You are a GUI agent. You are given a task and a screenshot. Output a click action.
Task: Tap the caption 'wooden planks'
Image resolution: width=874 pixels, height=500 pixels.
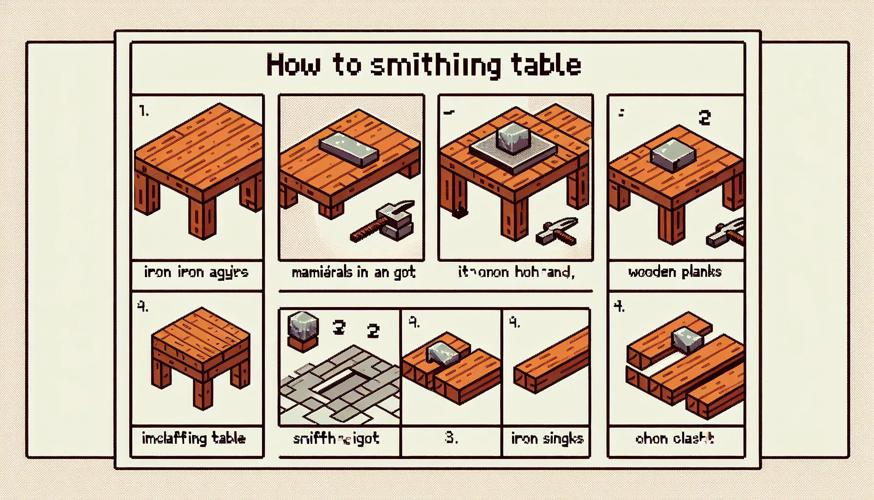click(675, 272)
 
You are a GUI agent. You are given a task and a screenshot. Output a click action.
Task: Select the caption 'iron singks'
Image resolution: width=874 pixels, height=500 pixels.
click(547, 438)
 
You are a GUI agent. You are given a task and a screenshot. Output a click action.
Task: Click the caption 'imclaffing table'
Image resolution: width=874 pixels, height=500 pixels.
click(194, 438)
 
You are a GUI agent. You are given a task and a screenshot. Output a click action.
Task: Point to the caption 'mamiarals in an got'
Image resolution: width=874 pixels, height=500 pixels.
click(353, 272)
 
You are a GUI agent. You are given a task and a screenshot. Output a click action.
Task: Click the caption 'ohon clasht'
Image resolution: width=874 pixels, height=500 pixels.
click(675, 438)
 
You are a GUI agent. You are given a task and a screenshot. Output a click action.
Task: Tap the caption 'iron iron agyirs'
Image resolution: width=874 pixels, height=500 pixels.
click(196, 272)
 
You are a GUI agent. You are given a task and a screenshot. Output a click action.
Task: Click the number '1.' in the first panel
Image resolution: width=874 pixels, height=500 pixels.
click(144, 111)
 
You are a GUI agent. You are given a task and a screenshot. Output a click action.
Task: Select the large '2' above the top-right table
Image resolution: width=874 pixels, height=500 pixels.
click(704, 118)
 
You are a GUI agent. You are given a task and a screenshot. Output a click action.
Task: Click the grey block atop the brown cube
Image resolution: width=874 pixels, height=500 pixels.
click(303, 325)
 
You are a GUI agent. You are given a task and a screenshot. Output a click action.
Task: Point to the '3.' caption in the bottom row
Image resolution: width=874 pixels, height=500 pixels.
click(451, 437)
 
